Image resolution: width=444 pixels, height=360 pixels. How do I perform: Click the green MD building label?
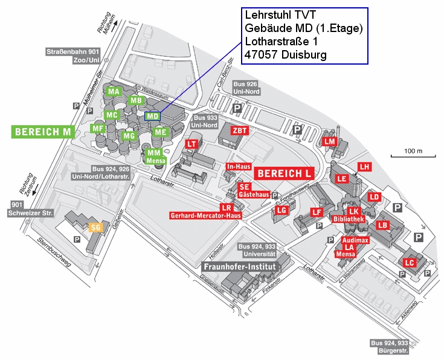[152, 116]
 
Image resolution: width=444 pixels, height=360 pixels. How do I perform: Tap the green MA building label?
[114, 92]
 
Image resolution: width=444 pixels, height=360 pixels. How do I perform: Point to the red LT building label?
[191, 144]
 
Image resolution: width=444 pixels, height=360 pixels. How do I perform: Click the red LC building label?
[410, 263]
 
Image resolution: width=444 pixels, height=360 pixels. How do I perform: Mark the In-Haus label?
[238, 166]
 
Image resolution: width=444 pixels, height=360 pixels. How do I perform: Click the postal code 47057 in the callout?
[262, 54]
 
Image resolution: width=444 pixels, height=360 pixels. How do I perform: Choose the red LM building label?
[329, 141]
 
